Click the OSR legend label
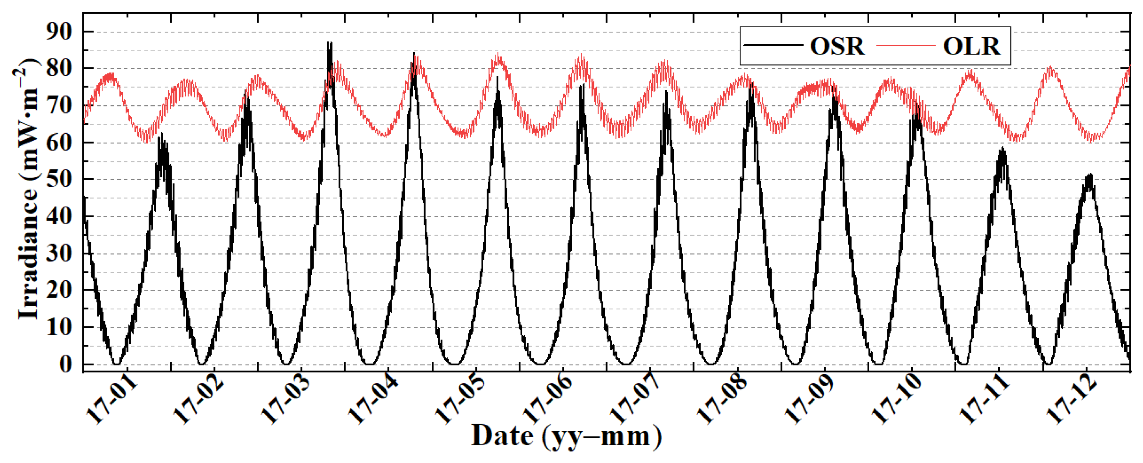click(837, 46)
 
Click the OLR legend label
click(971, 46)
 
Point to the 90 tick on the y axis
click(59, 32)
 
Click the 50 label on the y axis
click(59, 180)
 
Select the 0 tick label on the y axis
click(65, 365)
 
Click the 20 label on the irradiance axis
click(59, 291)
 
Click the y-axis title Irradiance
click(28, 191)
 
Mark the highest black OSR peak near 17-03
click(329, 43)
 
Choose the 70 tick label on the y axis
click(59, 106)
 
